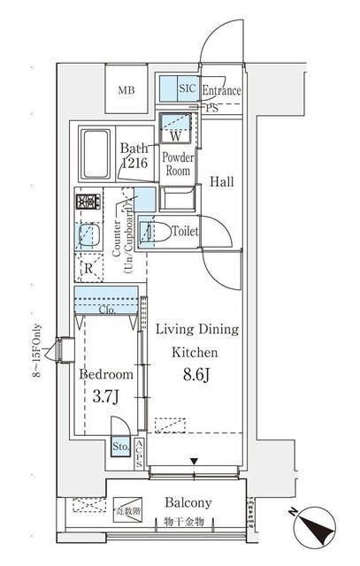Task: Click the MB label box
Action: tap(127, 90)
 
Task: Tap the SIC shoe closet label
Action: tap(188, 89)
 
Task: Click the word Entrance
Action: tap(223, 90)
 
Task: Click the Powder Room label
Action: tap(178, 164)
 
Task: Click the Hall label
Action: tap(221, 182)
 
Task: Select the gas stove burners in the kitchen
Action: tap(88, 203)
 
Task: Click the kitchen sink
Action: tap(88, 235)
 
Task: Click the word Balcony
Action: tap(188, 502)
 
